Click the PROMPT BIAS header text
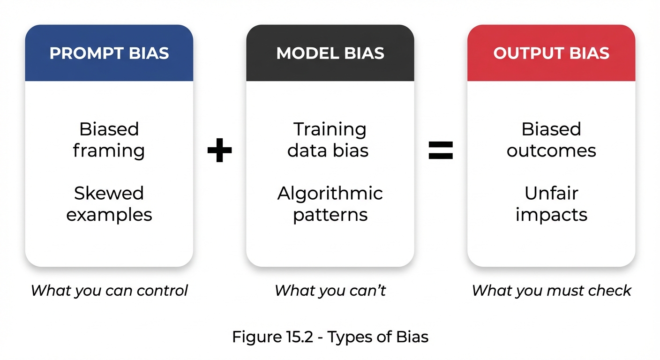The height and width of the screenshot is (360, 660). click(x=109, y=53)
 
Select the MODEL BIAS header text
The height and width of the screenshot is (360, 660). click(x=330, y=53)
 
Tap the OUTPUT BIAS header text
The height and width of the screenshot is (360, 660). click(x=551, y=53)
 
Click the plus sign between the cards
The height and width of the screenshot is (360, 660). click(x=219, y=150)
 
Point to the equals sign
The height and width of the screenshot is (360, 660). click(x=441, y=150)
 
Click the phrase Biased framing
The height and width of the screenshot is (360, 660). click(x=109, y=140)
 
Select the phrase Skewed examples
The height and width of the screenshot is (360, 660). click(x=109, y=204)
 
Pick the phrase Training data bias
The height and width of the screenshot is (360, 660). click(x=330, y=140)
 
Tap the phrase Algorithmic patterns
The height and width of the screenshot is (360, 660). click(x=330, y=204)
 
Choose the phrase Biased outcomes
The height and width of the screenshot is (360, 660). click(x=551, y=140)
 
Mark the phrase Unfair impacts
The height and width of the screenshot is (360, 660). click(x=551, y=204)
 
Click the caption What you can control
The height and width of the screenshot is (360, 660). click(x=109, y=291)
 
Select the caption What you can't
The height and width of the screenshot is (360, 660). click(x=330, y=291)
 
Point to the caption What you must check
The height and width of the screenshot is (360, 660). click(x=551, y=291)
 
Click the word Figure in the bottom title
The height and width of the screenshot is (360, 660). click(x=255, y=337)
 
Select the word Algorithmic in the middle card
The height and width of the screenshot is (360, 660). click(x=330, y=194)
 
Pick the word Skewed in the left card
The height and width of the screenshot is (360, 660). click(x=109, y=193)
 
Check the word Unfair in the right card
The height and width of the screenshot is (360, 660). click(x=551, y=193)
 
